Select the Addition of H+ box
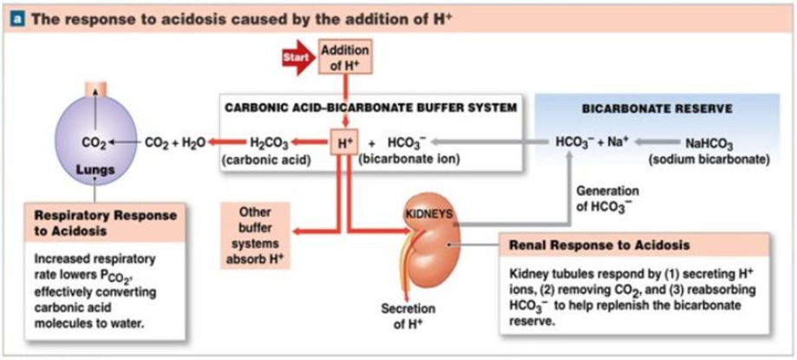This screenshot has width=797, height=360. (x=344, y=58)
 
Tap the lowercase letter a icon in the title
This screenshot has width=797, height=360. (x=14, y=17)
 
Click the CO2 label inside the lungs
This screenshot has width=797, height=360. (x=93, y=141)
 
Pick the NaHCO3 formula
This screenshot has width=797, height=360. (x=709, y=143)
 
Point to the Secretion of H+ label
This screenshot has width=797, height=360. (x=408, y=317)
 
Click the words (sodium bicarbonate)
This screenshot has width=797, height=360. (x=709, y=160)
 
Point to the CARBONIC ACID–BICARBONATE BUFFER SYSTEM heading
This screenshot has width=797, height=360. (x=370, y=108)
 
